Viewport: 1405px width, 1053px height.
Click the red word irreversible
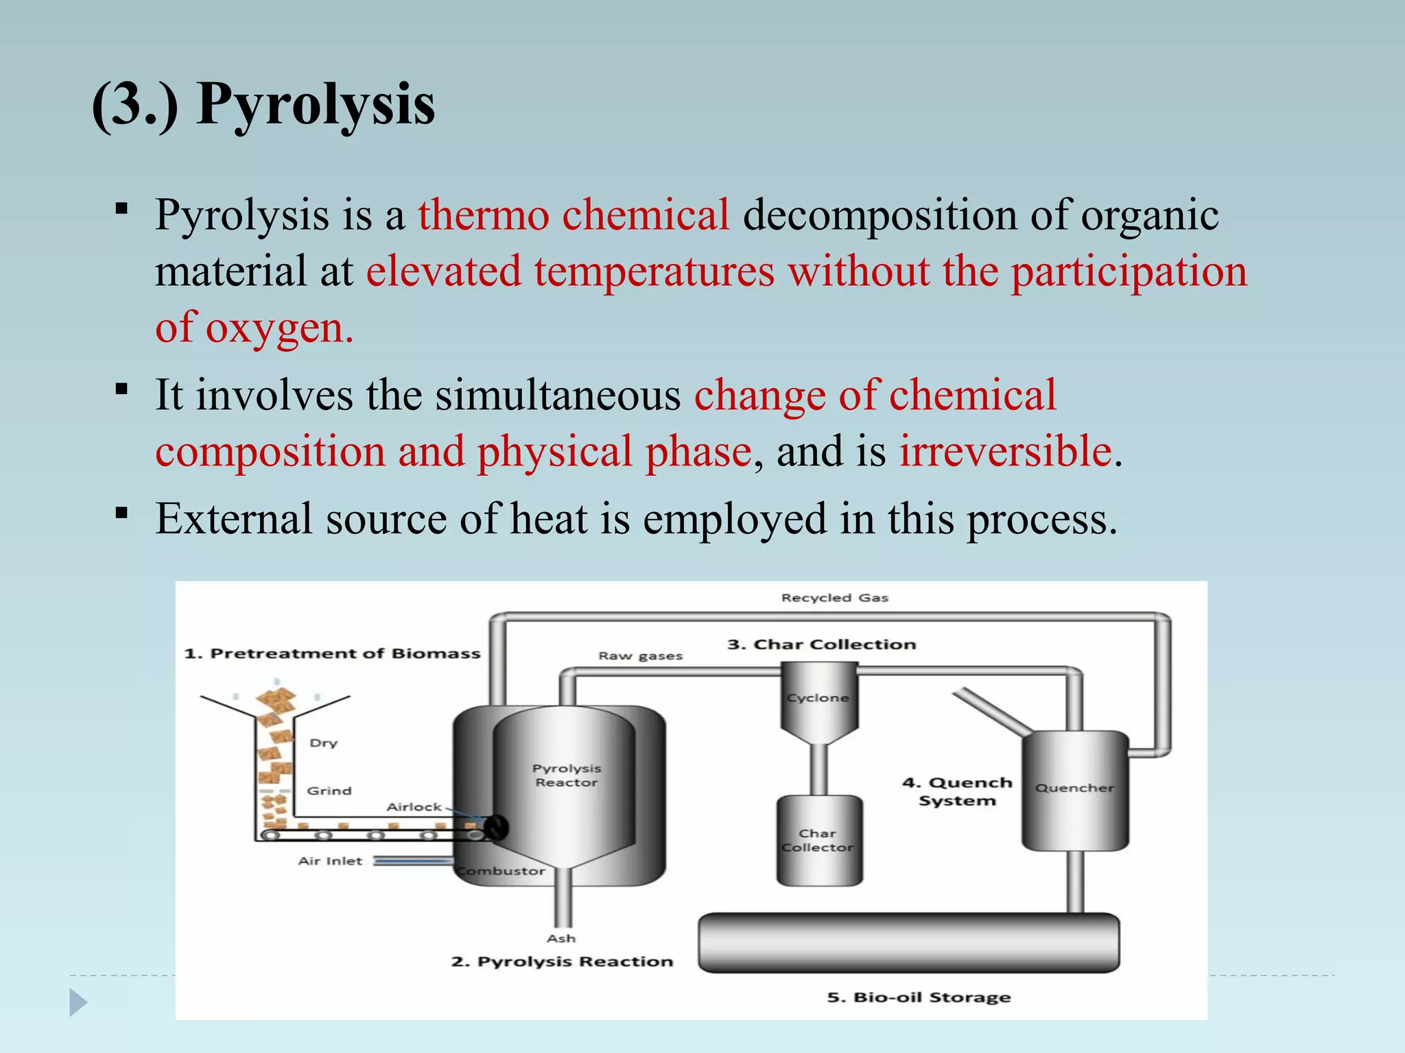1006,452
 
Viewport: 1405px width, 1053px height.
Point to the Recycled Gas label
834,598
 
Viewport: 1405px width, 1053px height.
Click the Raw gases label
640,656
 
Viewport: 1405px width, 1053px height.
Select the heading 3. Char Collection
821,644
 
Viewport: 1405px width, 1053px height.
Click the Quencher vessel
1074,789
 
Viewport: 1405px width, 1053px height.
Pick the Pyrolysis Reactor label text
567,775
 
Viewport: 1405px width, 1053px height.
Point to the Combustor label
501,871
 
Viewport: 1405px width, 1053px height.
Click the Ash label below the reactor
561,939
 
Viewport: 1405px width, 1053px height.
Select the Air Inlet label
330,861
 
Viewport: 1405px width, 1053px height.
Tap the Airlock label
414,807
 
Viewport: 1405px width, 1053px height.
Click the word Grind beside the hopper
329,791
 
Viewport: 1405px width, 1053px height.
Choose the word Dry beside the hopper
323,743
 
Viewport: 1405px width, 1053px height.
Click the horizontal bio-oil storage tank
908,943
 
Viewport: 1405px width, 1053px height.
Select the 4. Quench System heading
957,792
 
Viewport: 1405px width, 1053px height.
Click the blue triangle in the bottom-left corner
78,1003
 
